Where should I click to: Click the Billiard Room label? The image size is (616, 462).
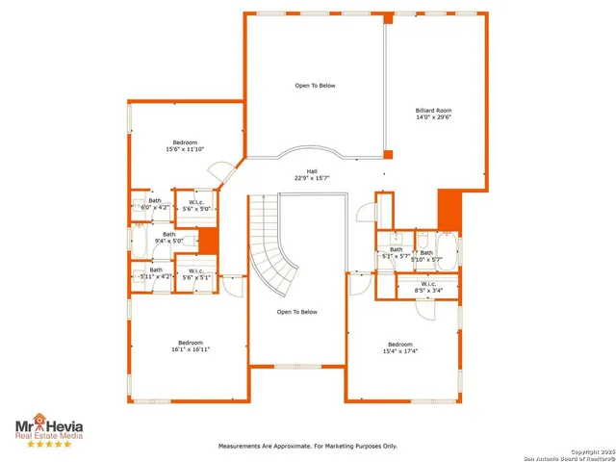[x=432, y=111]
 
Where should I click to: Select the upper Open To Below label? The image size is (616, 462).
[x=315, y=86]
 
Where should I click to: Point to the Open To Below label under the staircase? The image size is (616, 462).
[x=296, y=312]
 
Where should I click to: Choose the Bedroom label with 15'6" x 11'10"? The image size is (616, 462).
[x=185, y=142]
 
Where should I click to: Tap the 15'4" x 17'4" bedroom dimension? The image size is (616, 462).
[x=399, y=351]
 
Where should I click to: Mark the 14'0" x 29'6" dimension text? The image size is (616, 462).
[x=432, y=117]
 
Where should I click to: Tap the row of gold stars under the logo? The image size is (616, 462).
[x=48, y=445]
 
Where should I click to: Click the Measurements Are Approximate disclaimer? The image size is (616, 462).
[x=307, y=446]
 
